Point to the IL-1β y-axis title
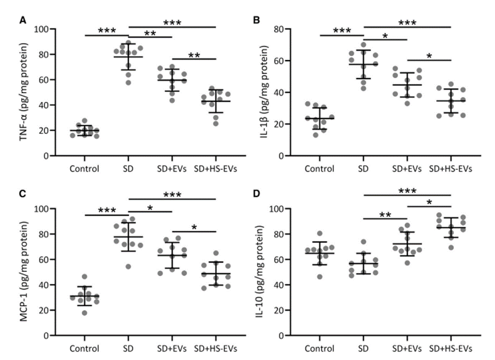pos(271,92)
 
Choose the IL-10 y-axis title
pos(271,271)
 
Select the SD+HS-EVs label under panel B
pos(451,169)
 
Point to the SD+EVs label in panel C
pos(173,348)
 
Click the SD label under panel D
pos(363,348)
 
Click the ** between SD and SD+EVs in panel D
pos(385,215)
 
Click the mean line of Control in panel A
pos(85,130)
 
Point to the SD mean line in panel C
pos(128,237)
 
